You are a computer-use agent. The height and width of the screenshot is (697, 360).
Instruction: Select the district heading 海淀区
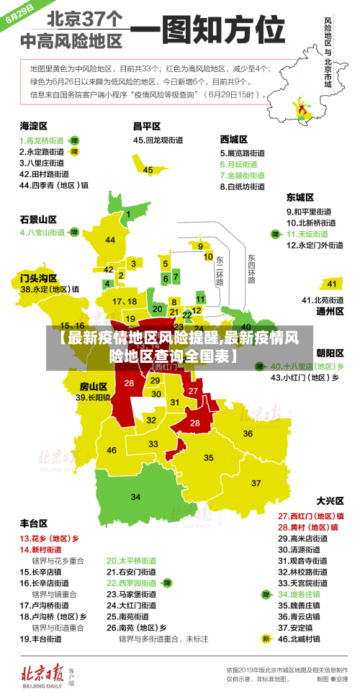33,126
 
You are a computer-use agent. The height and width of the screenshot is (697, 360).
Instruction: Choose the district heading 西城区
234,139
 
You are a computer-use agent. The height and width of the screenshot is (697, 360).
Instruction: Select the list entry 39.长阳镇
94,397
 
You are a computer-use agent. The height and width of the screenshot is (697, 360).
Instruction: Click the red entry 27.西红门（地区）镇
310,516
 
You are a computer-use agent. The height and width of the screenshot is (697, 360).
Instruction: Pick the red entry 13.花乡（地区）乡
49,538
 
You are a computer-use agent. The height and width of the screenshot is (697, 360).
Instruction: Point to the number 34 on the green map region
136,497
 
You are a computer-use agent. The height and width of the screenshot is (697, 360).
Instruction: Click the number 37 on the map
256,482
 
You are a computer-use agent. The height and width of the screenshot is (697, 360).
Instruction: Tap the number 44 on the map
110,240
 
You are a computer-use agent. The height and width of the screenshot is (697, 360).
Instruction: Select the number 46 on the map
112,450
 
